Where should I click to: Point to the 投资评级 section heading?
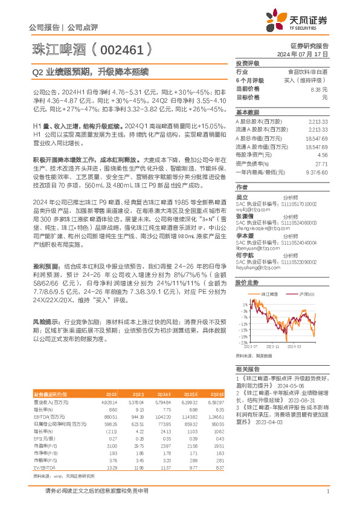point(247,63)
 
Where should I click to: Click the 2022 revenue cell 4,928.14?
point(109,401)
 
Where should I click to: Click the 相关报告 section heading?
point(247,368)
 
